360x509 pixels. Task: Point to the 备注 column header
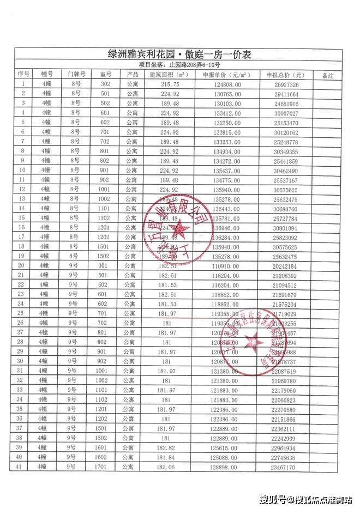(328, 75)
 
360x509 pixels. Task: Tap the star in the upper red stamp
(179, 229)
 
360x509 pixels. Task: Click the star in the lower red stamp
(253, 342)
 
